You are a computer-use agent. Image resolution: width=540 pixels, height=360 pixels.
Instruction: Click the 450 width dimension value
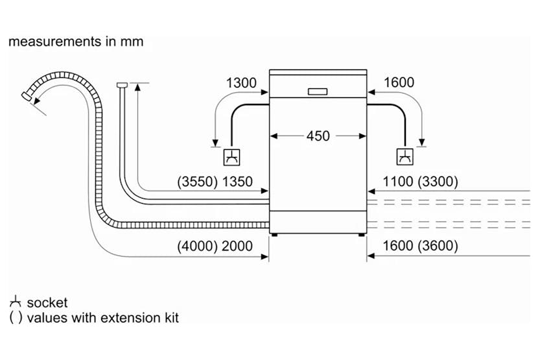pyautogui.click(x=318, y=136)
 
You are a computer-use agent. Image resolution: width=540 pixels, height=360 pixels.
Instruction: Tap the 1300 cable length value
pyautogui.click(x=241, y=83)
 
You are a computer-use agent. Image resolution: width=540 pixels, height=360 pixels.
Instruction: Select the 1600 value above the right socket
pyautogui.click(x=399, y=83)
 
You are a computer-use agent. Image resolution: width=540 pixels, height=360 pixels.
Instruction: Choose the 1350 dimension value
pyautogui.click(x=237, y=182)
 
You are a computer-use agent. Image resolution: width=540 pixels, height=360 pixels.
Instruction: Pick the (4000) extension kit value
pyautogui.click(x=196, y=246)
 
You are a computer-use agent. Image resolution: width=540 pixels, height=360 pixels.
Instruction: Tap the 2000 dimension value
pyautogui.click(x=237, y=246)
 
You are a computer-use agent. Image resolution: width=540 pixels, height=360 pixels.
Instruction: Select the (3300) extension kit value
pyautogui.click(x=438, y=182)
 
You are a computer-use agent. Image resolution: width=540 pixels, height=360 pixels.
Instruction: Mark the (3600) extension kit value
pyautogui.click(x=438, y=246)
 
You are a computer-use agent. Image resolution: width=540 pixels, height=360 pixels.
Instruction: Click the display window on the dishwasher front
pyautogui.click(x=318, y=91)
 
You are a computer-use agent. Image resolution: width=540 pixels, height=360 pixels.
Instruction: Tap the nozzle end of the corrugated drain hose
pyautogui.click(x=27, y=95)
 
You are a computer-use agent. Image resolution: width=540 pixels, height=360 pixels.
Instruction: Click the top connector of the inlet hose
pyautogui.click(x=121, y=84)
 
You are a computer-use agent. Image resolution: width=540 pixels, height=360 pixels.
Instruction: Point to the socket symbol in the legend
pyautogui.click(x=15, y=302)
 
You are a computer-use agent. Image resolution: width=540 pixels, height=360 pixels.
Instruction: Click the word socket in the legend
pyautogui.click(x=47, y=303)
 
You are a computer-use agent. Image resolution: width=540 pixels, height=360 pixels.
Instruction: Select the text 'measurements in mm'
pyautogui.click(x=76, y=42)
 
